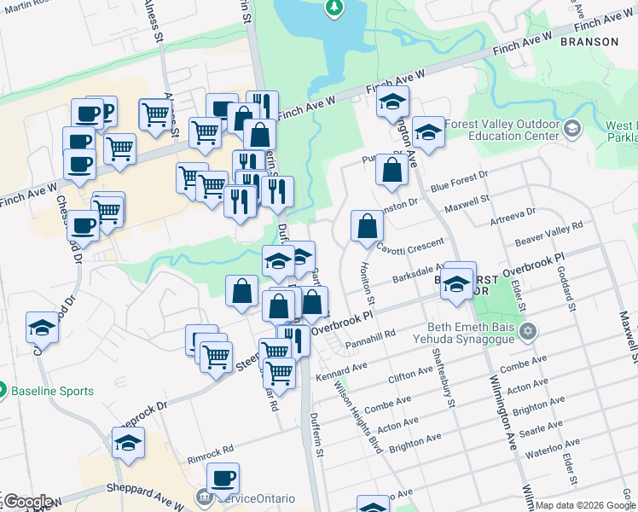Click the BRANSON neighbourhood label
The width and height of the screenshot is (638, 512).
(x=589, y=41)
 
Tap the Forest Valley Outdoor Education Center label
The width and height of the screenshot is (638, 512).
(x=501, y=129)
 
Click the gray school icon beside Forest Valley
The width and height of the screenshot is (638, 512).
(x=571, y=129)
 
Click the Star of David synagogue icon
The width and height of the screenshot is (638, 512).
(x=528, y=330)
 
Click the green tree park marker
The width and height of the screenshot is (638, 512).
(x=334, y=9)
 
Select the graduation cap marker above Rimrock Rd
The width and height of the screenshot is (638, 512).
(x=128, y=443)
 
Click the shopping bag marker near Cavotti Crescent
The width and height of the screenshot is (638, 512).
(x=367, y=226)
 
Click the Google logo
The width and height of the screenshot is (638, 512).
(x=27, y=501)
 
